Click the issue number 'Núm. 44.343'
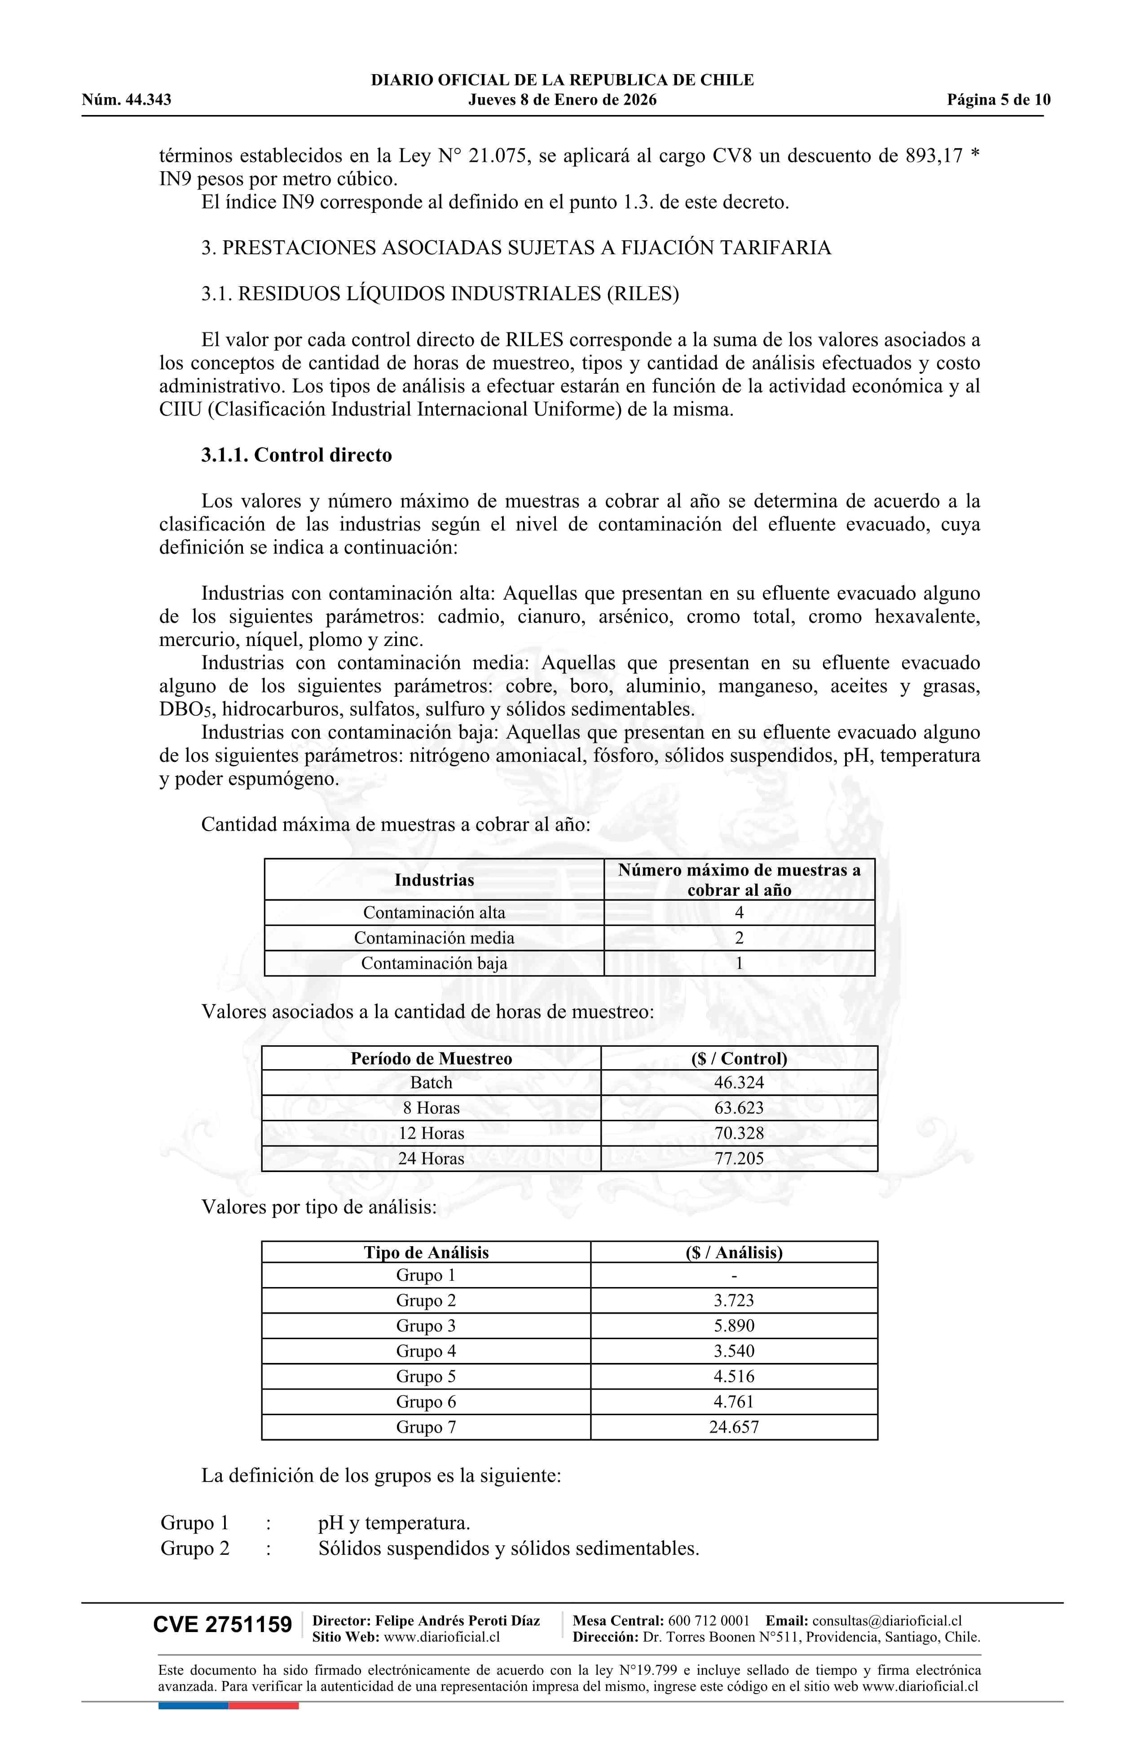click(127, 100)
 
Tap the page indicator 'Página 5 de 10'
click(999, 100)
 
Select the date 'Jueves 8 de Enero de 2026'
click(562, 100)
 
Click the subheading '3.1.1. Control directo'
click(296, 455)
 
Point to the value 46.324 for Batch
click(739, 1083)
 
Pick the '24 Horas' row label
click(431, 1159)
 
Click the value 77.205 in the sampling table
click(739, 1159)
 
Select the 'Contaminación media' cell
click(434, 938)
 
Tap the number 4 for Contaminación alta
click(739, 913)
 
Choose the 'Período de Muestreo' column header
click(431, 1058)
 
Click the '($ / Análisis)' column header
click(734, 1252)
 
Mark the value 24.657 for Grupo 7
click(734, 1427)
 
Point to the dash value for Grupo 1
click(734, 1276)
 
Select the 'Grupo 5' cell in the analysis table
click(426, 1376)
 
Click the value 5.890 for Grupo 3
click(734, 1326)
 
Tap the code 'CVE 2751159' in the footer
click(222, 1625)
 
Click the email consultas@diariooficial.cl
click(887, 1620)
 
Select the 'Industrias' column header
click(434, 880)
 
